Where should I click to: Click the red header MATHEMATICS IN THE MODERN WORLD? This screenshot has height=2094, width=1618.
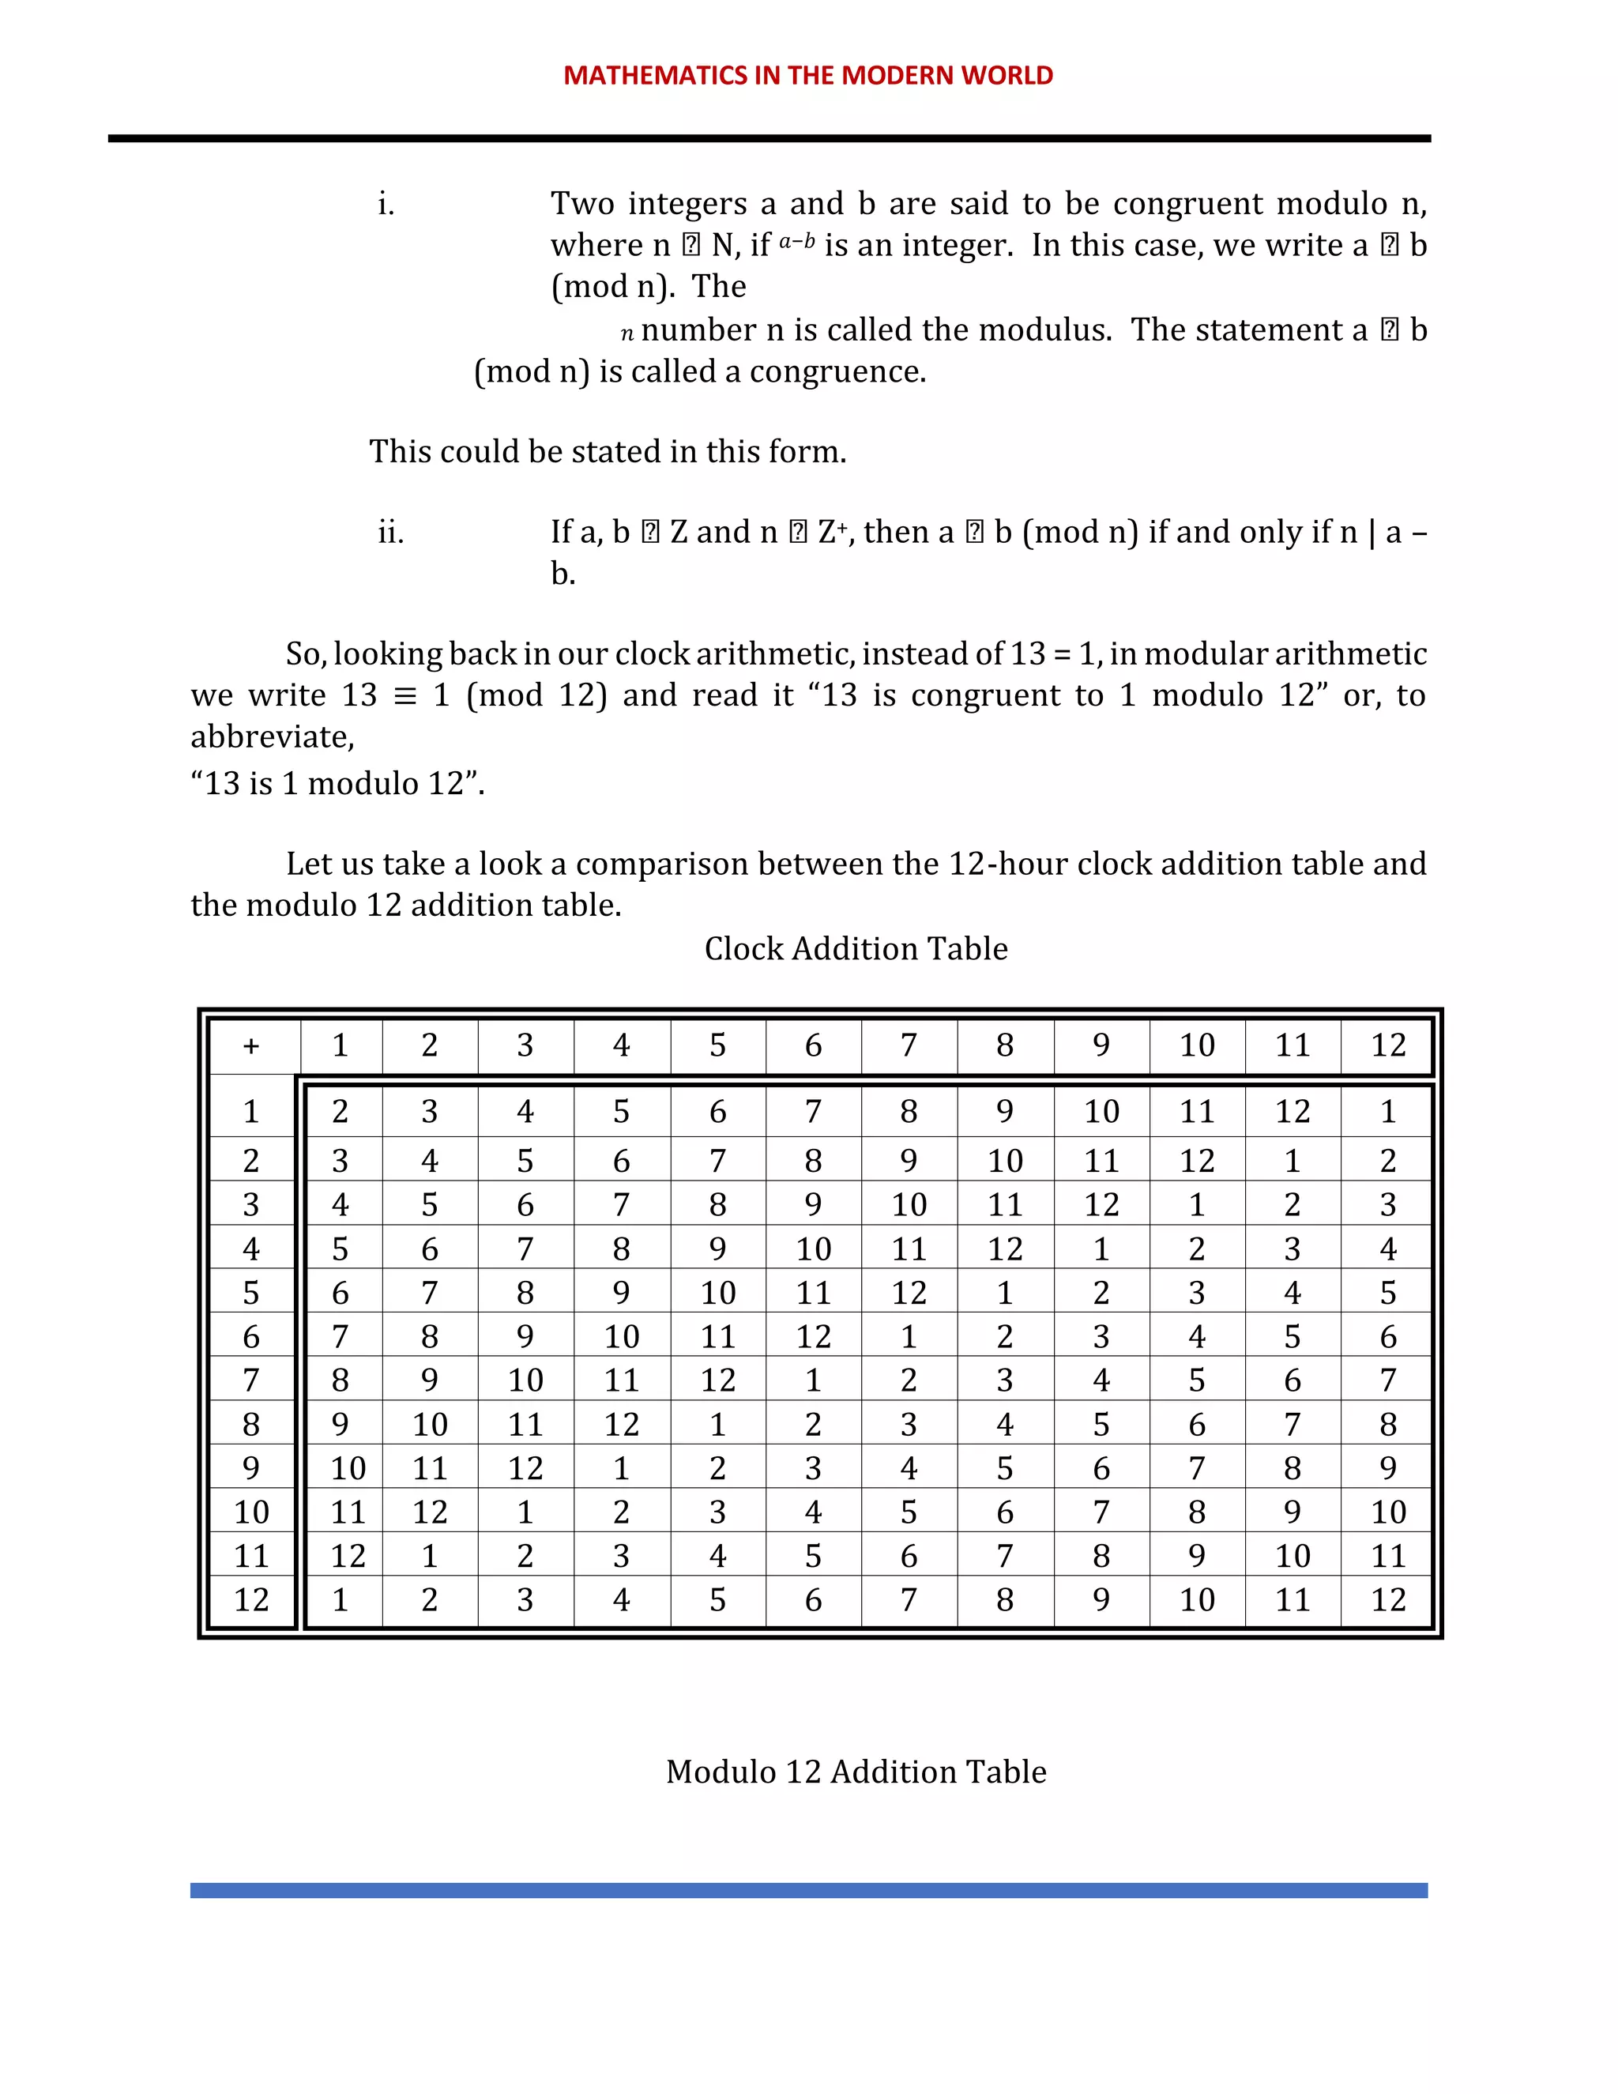coord(808,76)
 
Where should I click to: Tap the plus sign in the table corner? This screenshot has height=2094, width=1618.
coord(251,1046)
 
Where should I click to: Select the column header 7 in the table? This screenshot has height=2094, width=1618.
coord(909,1046)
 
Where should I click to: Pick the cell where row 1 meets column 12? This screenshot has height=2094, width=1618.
coord(1387,1113)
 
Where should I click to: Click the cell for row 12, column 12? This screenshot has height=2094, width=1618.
coord(1387,1599)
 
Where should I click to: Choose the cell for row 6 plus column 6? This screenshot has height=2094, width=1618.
coord(813,1336)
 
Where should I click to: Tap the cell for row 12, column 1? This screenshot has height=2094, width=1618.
coord(341,1599)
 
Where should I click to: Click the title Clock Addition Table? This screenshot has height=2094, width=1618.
coord(856,948)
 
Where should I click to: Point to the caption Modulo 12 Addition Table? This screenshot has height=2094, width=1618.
coord(856,1771)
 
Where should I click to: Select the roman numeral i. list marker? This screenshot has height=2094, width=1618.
coord(386,204)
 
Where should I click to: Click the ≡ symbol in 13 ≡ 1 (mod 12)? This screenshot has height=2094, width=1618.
coord(405,696)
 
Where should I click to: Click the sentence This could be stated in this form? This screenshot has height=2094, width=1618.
coord(608,451)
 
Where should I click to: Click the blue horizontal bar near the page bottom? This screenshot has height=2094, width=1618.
coord(808,1890)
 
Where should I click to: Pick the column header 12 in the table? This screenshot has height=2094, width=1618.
coord(1387,1046)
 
